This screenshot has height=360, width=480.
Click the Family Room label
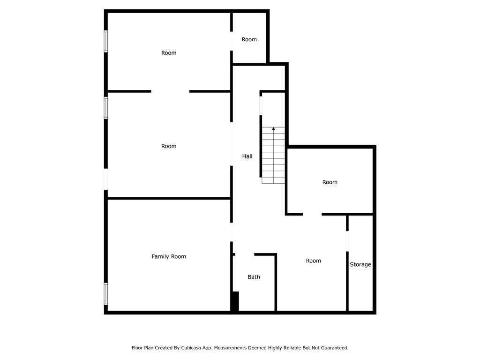pos(169,256)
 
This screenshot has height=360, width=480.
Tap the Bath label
pos(254,277)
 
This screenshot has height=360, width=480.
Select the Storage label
pos(360,264)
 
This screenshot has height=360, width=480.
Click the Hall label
pos(247,156)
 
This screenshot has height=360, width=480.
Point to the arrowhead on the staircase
pos(273,128)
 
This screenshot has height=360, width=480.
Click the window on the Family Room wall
pos(106,293)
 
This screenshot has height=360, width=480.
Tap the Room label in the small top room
pos(249,39)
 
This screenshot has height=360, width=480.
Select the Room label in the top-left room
pos(169,53)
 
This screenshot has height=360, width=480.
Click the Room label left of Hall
pos(169,146)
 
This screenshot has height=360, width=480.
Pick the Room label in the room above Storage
pos(330,182)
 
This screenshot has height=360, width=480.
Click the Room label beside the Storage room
pos(314,261)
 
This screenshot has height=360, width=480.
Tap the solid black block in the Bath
pos(235,301)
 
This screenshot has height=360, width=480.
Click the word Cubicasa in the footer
pos(193,348)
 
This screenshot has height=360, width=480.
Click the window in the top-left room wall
pos(106,41)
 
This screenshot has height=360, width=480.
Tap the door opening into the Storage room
pos(347,241)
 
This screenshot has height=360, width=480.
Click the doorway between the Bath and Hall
pos(245,255)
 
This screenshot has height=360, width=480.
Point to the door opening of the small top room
pos(232,41)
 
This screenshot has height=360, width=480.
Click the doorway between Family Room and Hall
pos(232,232)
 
